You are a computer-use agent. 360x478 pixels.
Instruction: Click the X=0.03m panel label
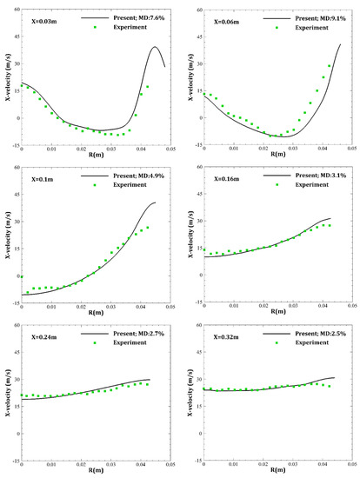(37, 17)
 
